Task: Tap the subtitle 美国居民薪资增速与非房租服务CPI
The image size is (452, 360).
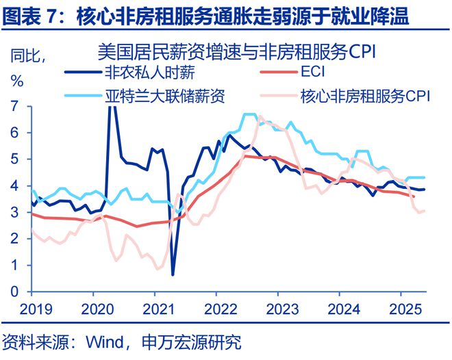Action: tap(238, 52)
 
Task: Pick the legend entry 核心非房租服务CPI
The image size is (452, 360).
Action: tap(364, 94)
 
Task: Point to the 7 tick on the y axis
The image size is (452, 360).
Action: tap(14, 106)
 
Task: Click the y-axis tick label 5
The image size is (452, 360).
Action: tap(14, 159)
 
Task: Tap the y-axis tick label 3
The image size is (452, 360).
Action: tap(14, 212)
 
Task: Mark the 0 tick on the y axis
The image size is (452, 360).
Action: tap(14, 292)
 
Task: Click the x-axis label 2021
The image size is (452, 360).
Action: tap(155, 309)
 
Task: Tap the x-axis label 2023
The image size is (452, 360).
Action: tap(277, 309)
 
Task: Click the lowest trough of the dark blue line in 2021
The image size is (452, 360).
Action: tap(173, 274)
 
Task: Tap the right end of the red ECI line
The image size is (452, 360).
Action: tap(414, 196)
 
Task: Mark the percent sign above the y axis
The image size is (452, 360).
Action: tap(16, 80)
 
